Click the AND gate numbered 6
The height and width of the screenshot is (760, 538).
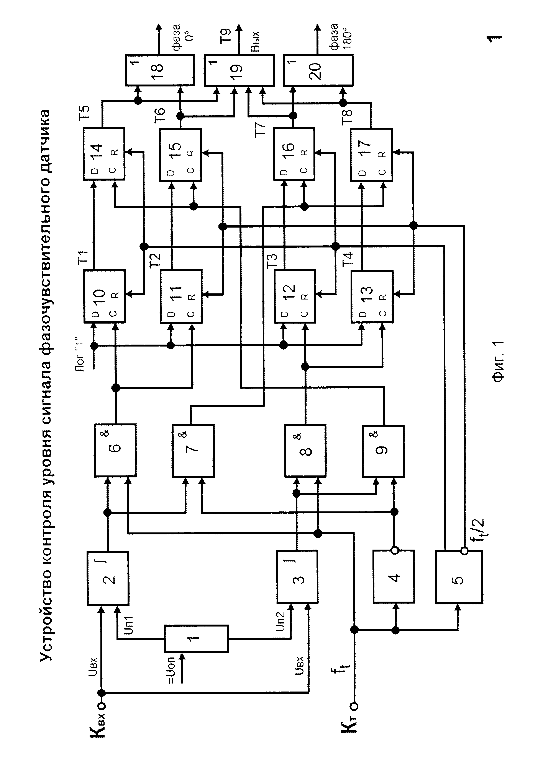coord(115,450)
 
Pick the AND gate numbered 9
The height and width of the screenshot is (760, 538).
coord(383,451)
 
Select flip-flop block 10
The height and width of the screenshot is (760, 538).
coord(104,296)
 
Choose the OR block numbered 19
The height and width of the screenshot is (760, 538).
coord(239,70)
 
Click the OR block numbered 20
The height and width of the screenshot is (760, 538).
coord(318,70)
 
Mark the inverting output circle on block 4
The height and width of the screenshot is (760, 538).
coord(394,550)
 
